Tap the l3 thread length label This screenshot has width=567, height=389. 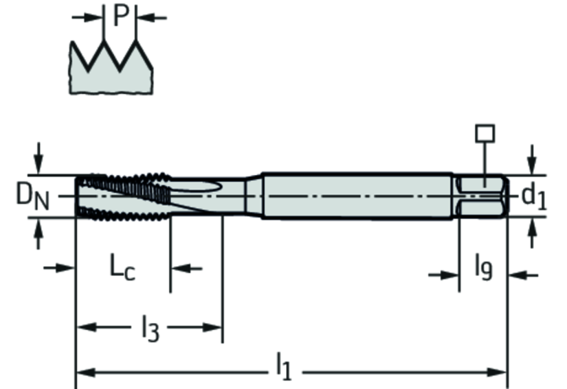149,326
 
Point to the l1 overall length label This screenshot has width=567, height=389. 283,365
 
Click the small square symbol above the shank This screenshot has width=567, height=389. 484,134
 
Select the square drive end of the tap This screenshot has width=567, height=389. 482,197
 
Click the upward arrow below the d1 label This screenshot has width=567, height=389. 531,230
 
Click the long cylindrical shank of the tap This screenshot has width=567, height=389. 355,196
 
